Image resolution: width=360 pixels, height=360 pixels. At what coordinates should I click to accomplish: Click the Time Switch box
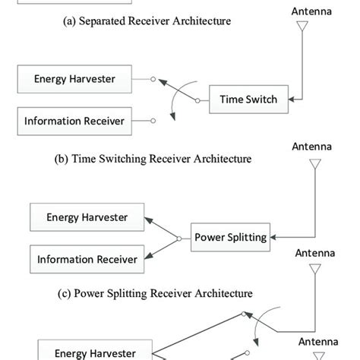click(248, 99)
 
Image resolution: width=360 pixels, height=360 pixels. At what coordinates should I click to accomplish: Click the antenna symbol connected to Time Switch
click(302, 28)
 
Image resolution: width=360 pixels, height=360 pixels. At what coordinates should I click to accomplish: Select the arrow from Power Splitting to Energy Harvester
click(163, 227)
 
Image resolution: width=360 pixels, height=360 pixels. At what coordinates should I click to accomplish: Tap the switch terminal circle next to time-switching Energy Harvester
click(153, 78)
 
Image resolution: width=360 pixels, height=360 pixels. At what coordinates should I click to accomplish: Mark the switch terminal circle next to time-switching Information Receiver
click(153, 119)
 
